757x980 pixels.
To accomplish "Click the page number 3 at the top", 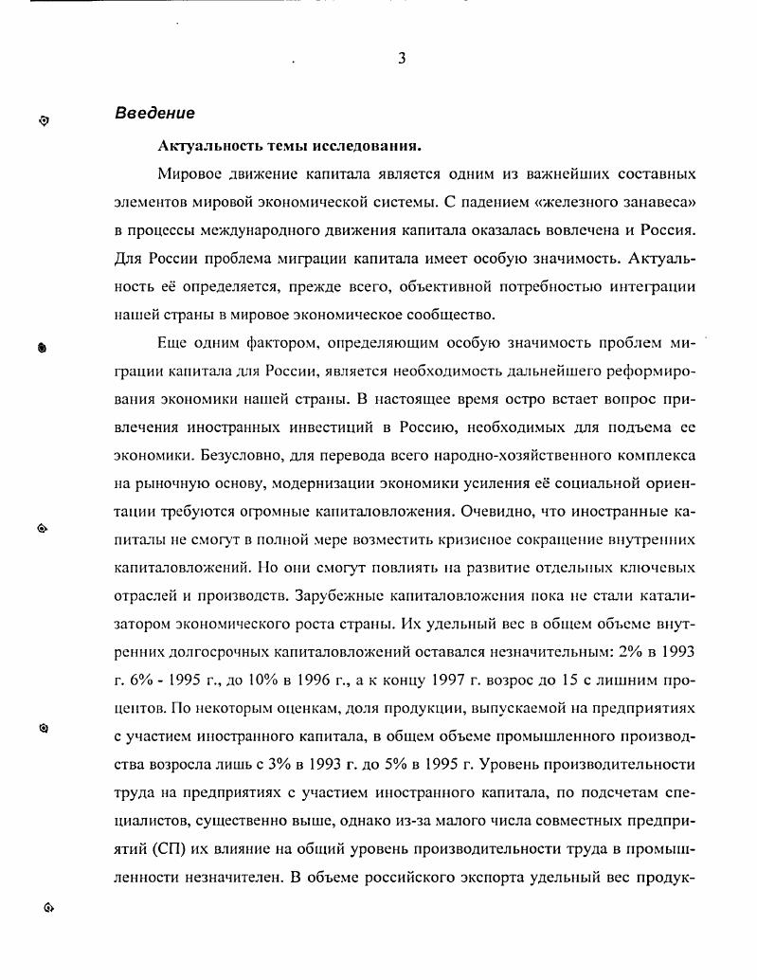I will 402,59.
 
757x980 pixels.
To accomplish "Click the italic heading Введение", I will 154,114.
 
